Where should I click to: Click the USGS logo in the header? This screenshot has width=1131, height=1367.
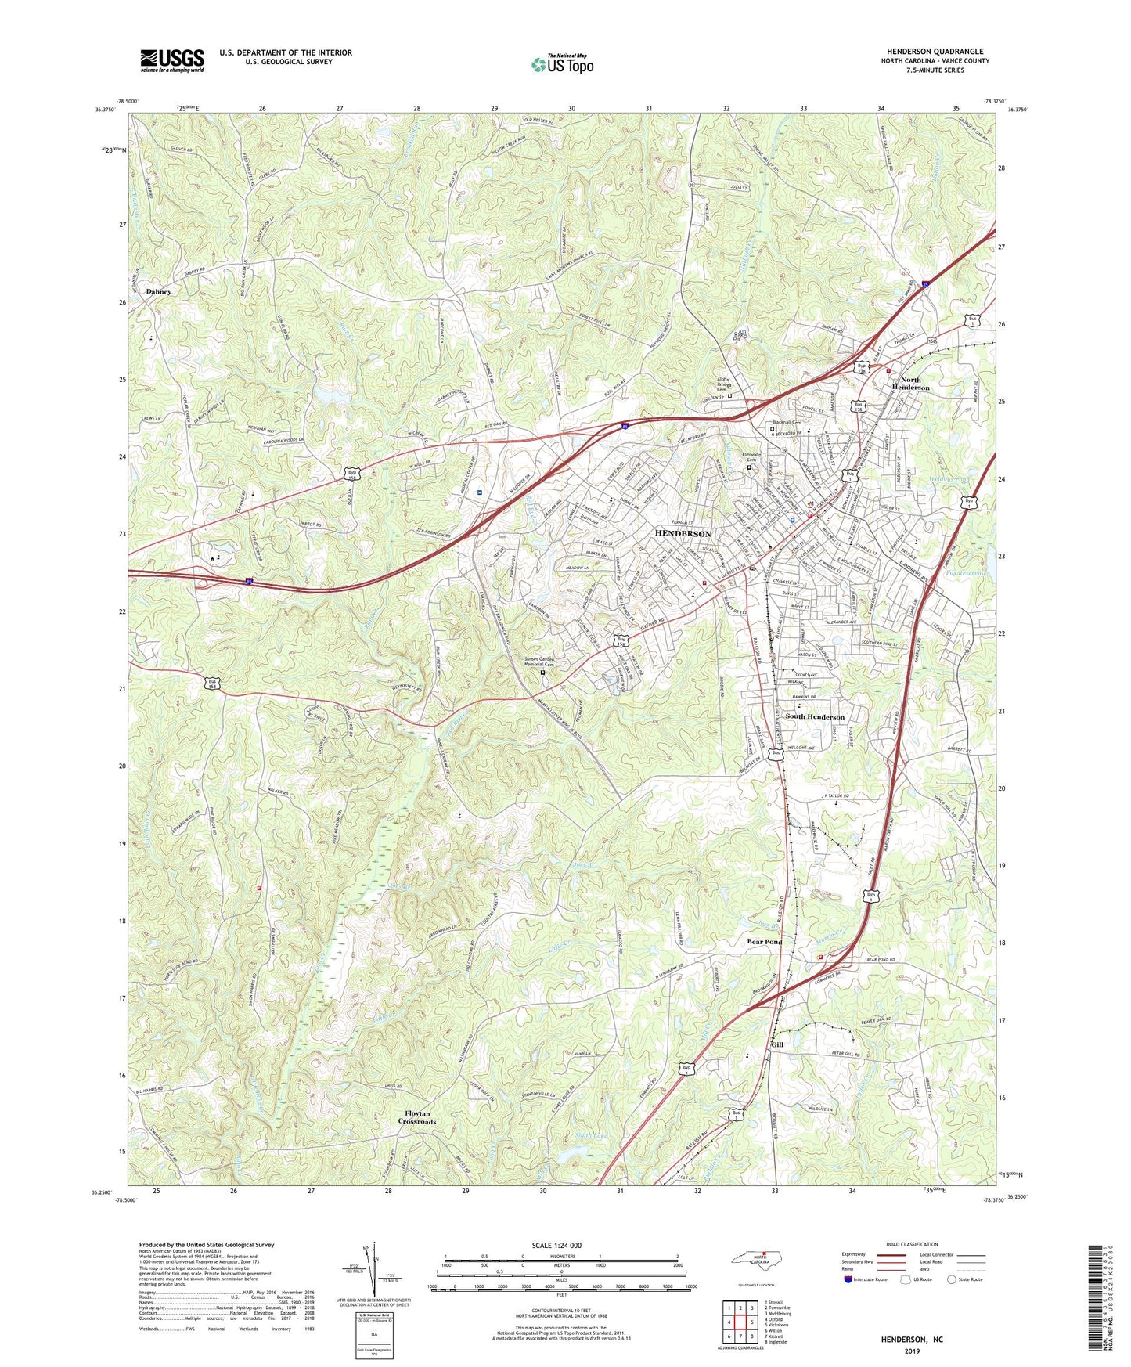(172, 60)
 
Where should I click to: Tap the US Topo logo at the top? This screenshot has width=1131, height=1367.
(561, 64)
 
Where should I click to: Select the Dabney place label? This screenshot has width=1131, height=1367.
(158, 291)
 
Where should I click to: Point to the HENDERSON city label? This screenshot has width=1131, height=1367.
(683, 533)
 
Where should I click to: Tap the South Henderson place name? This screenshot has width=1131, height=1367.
(815, 716)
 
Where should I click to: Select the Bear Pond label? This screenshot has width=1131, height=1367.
(764, 941)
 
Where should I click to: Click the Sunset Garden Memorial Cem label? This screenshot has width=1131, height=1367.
(545, 662)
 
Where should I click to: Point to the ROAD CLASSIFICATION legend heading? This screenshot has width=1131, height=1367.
(912, 1244)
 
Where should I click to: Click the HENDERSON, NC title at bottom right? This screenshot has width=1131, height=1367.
(912, 1340)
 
